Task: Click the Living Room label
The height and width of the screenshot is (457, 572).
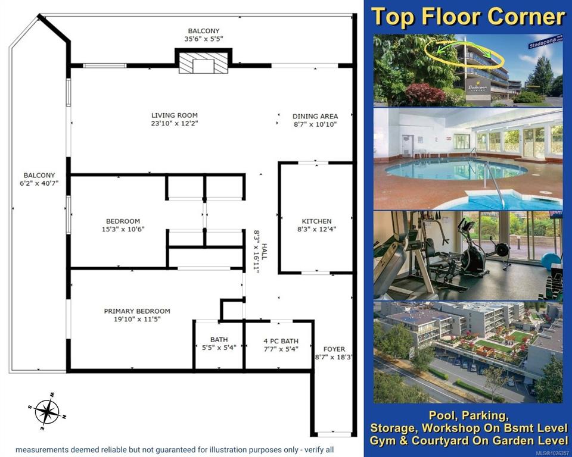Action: [x=175, y=115]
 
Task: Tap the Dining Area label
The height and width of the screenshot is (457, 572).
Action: [x=315, y=116]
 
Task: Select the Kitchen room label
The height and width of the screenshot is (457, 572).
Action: [x=316, y=221]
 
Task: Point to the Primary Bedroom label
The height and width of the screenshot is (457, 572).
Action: [x=137, y=311]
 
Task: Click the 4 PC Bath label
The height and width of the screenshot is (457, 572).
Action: [x=281, y=341]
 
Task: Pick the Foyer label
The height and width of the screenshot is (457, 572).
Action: [x=334, y=349]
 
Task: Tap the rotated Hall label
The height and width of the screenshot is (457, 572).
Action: [x=264, y=252]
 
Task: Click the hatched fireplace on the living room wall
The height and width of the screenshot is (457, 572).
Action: [x=203, y=62]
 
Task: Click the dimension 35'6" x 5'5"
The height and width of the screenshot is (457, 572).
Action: [x=204, y=39]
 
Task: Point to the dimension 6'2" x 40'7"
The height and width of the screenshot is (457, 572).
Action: [x=39, y=183]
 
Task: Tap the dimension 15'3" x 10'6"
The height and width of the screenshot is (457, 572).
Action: [x=123, y=229]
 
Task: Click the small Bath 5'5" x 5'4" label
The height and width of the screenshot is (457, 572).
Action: [x=219, y=344]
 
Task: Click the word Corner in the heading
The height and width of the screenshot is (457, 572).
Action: [x=526, y=17]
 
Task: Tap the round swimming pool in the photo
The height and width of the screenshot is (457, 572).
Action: [x=456, y=169]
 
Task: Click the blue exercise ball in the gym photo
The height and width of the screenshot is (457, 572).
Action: [x=551, y=261]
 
